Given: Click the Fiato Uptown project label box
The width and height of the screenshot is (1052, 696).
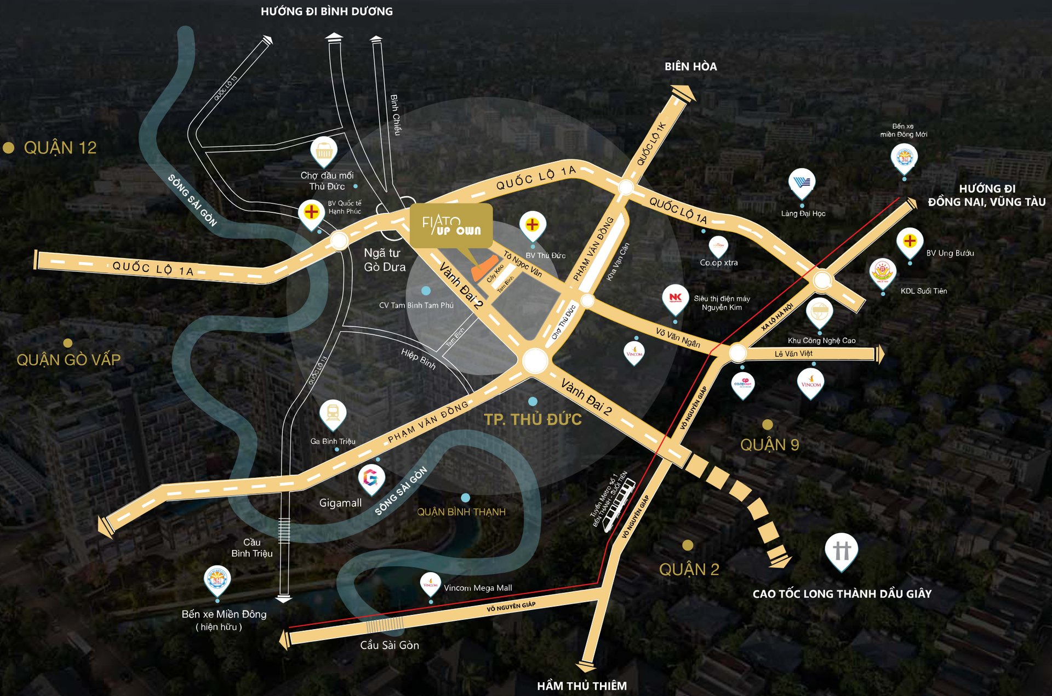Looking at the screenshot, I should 451,225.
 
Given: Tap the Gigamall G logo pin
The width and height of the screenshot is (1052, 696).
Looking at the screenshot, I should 371,478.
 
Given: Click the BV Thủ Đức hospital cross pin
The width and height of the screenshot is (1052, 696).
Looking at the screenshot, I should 532,225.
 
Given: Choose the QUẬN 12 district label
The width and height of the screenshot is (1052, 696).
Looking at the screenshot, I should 60,148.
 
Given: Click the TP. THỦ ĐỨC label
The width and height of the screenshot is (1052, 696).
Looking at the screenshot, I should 533,420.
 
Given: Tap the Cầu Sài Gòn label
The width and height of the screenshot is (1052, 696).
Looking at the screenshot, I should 389,646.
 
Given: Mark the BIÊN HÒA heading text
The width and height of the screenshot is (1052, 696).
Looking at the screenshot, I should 690,67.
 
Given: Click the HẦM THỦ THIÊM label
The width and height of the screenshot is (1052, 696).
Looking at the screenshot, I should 581,686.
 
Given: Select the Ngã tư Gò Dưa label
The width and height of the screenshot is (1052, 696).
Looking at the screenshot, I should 385,260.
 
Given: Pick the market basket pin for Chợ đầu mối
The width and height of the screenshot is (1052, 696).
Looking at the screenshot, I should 324,150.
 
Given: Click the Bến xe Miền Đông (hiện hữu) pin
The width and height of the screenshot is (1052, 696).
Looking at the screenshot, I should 217,580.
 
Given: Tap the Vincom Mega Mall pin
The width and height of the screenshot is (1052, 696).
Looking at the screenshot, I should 430,584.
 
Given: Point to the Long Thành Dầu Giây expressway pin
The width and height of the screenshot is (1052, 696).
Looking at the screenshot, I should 841,550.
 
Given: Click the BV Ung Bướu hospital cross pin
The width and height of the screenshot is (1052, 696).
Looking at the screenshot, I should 910,241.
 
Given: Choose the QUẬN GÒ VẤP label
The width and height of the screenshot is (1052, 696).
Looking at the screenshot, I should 68,360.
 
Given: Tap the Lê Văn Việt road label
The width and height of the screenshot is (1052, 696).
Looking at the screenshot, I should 793,354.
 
